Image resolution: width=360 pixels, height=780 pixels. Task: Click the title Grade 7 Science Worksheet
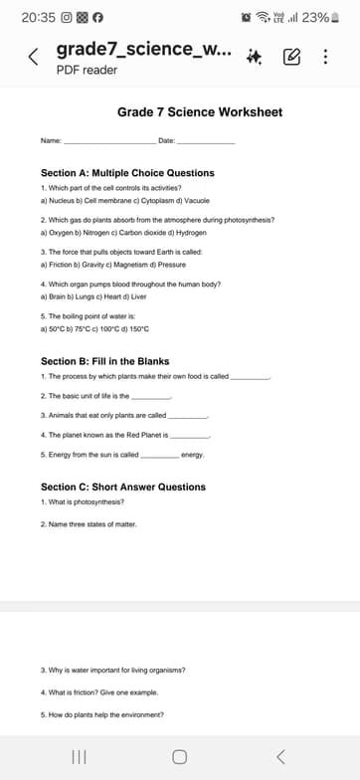click(200, 112)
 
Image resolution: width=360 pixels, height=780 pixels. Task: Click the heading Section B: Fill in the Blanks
click(105, 361)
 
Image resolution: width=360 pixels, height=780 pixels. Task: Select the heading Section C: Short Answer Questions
click(123, 487)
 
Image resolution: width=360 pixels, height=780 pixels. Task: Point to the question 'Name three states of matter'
click(89, 523)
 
